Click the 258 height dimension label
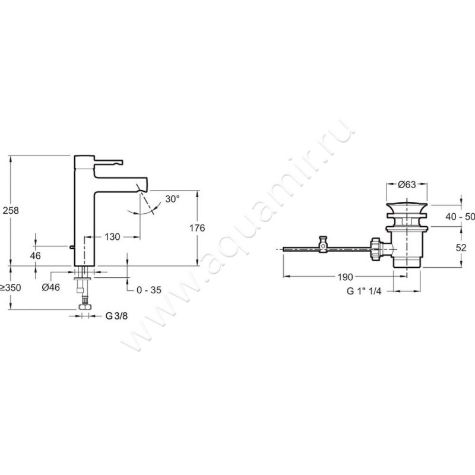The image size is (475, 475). [x=11, y=210]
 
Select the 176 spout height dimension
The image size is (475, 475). [x=197, y=228]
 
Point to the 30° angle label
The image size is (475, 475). [x=172, y=199]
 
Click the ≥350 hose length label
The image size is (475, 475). [x=11, y=287]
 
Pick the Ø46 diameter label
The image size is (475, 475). [x=51, y=287]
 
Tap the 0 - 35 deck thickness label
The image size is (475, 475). [x=149, y=290]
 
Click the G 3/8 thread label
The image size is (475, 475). [x=116, y=316]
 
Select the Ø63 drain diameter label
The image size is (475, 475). [x=407, y=185]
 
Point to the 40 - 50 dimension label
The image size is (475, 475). [x=460, y=217]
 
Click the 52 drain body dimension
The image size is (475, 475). [x=461, y=248]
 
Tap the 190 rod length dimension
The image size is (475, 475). [x=346, y=277]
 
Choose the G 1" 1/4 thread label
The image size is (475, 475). [x=364, y=291]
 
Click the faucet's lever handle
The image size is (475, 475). [x=109, y=161]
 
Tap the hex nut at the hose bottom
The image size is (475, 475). [x=85, y=307]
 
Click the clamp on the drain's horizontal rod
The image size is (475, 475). [x=323, y=244]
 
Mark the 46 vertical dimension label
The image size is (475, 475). [x=36, y=256]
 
